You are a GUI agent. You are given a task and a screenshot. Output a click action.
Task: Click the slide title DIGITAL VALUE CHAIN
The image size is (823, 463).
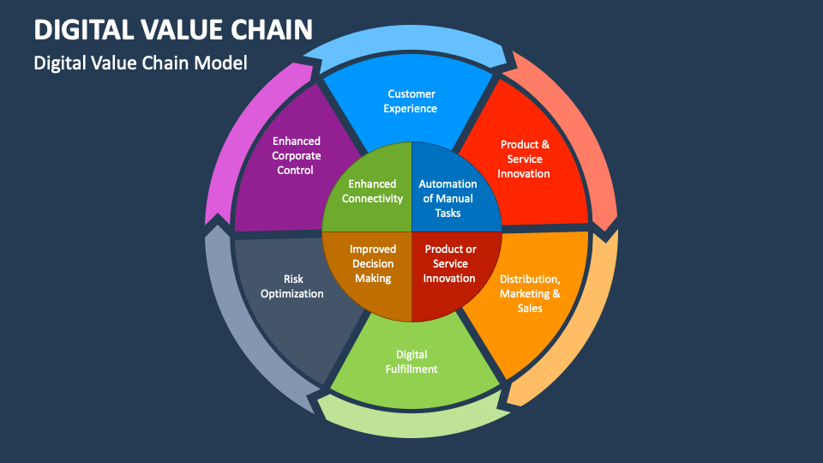click(x=173, y=30)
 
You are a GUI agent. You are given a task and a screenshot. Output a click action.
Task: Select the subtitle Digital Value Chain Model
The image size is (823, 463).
click(x=140, y=63)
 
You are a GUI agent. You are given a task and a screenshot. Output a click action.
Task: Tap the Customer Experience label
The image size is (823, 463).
click(x=411, y=101)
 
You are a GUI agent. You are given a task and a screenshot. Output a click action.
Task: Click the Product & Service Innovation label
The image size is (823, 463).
click(x=525, y=159)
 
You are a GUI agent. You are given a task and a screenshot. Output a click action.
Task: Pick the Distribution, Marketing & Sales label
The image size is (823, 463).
click(x=530, y=293)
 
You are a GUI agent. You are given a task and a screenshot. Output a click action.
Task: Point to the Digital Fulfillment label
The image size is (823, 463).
click(x=411, y=362)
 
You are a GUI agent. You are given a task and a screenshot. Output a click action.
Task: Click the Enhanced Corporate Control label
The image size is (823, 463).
click(x=297, y=155)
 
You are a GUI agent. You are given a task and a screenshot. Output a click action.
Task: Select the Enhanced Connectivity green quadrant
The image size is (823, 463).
click(x=372, y=191)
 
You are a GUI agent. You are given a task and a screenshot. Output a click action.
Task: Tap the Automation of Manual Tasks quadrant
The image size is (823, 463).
click(x=448, y=198)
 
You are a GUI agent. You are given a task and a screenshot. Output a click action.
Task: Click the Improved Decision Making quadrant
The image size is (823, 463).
click(x=373, y=264)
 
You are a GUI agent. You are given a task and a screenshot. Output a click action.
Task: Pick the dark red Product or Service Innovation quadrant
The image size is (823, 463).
click(x=450, y=264)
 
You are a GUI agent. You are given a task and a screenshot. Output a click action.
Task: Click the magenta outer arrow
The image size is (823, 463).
click(x=240, y=137)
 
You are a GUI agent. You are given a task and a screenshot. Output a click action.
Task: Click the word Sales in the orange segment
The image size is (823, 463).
click(x=530, y=309)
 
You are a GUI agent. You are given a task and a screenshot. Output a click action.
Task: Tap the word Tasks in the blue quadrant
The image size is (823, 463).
click(x=448, y=213)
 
